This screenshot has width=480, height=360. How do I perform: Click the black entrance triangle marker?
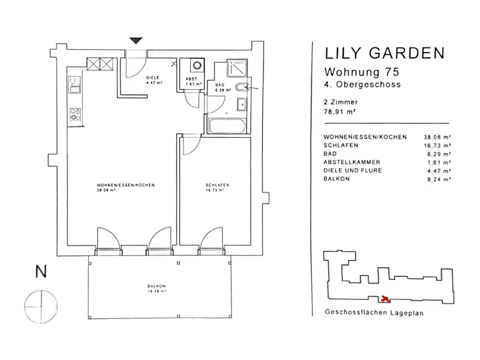click(136, 40)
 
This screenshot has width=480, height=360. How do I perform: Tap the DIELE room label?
click(153, 78)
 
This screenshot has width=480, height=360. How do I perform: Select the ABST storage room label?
click(191, 78)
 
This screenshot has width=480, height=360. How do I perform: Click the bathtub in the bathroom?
click(227, 126)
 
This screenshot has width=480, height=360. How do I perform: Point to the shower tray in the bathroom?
click(237, 68)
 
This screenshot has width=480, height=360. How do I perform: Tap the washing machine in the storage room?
click(197, 65)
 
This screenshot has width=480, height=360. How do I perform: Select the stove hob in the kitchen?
click(75, 114)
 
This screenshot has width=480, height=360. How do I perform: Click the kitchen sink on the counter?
click(75, 85)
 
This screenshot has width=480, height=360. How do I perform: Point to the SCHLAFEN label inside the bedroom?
click(217, 185)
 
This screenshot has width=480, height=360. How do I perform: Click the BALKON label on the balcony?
click(156, 286)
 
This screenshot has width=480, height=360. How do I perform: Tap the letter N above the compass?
click(41, 271)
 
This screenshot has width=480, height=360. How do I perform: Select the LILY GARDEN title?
click(384, 53)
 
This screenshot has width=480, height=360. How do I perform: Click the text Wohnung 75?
click(361, 72)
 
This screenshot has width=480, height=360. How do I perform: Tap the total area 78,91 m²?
click(339, 111)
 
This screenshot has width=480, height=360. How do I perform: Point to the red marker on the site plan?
click(385, 298)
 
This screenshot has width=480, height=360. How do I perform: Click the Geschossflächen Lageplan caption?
click(374, 312)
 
